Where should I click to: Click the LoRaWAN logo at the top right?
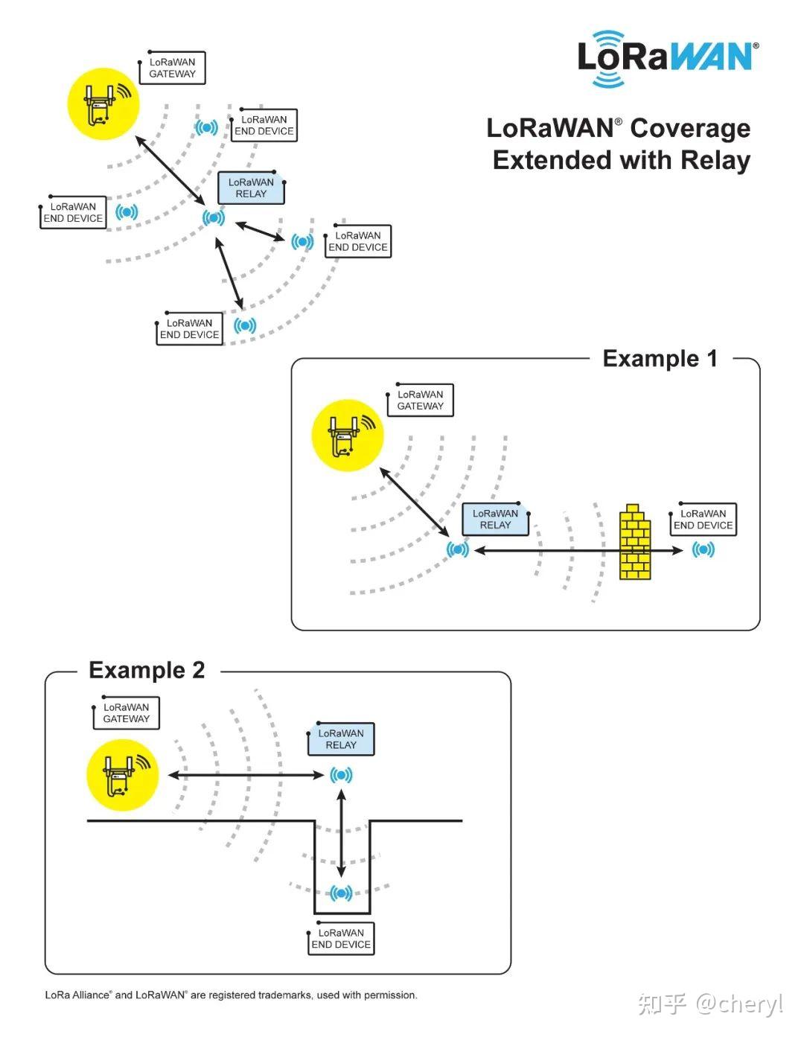click(x=667, y=58)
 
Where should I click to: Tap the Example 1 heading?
click(x=660, y=359)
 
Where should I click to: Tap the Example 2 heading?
click(x=147, y=670)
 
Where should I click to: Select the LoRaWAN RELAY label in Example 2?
click(x=341, y=739)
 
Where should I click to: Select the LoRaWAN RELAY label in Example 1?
click(x=495, y=520)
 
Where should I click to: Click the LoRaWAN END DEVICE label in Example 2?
click(x=341, y=939)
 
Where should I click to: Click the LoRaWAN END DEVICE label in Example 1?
click(x=703, y=520)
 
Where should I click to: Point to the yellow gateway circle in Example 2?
click(x=123, y=775)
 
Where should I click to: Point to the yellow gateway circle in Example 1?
click(x=347, y=436)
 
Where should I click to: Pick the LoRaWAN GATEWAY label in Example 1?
click(x=420, y=401)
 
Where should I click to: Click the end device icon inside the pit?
click(x=341, y=893)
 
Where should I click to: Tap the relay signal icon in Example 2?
click(x=341, y=775)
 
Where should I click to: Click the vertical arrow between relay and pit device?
click(x=341, y=834)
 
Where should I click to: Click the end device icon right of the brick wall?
click(x=703, y=550)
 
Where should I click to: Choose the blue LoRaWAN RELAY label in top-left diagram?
click(x=251, y=188)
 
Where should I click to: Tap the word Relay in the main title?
click(x=716, y=161)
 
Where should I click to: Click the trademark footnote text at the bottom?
click(x=231, y=995)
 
